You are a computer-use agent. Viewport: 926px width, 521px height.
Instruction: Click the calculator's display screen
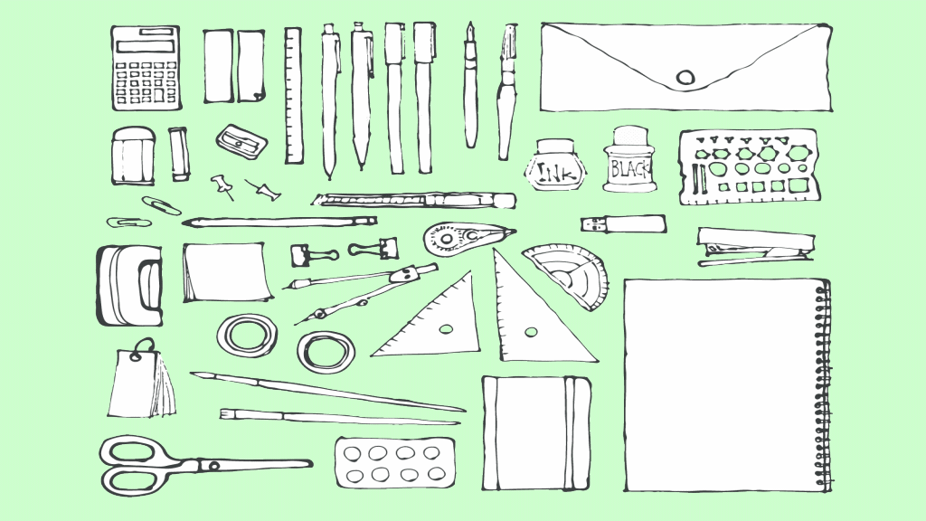146,45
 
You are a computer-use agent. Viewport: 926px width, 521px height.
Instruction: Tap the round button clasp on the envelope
685,78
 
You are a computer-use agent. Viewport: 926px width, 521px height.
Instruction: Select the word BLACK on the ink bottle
629,169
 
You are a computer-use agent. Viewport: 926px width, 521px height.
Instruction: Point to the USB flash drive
624,224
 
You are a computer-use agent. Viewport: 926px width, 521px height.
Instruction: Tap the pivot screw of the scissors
213,466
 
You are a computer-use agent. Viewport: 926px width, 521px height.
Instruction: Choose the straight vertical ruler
294,95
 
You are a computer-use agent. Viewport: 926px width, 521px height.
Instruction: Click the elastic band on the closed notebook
569,433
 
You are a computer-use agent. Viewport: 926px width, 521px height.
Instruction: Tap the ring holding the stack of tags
144,348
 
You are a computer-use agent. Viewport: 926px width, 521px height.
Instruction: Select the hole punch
129,285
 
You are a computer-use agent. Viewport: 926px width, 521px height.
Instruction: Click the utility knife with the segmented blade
413,200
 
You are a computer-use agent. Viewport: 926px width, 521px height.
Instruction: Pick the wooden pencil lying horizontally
279,223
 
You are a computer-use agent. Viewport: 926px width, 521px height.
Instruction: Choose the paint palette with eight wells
394,463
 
